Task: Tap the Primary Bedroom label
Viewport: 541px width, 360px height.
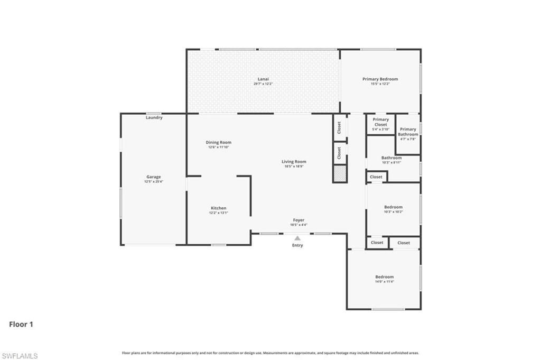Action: click(380, 79)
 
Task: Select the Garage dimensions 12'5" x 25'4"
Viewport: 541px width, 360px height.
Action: click(154, 181)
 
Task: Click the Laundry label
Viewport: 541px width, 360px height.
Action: click(154, 117)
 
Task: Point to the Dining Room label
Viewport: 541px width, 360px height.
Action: click(218, 142)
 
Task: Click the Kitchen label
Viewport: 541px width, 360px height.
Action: click(218, 208)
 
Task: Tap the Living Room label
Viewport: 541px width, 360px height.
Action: click(294, 162)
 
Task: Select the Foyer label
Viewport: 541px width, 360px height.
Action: click(299, 220)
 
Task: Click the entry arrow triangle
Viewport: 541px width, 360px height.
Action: click(298, 238)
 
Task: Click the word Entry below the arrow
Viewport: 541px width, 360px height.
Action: click(298, 245)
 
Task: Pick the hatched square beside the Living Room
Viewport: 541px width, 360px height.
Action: click(339, 173)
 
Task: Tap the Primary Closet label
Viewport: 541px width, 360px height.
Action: click(380, 122)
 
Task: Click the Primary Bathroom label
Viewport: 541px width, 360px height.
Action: click(408, 132)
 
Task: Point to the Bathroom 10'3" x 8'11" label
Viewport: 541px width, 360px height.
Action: click(391, 158)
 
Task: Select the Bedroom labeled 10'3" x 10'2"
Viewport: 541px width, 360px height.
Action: click(393, 207)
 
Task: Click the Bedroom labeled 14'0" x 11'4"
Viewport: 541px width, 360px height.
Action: click(384, 277)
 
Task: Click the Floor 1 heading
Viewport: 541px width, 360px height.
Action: click(21, 324)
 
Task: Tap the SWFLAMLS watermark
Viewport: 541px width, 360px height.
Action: click(20, 356)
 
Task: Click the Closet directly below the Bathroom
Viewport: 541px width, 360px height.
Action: click(376, 177)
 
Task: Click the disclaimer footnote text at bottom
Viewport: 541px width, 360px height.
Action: click(270, 353)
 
